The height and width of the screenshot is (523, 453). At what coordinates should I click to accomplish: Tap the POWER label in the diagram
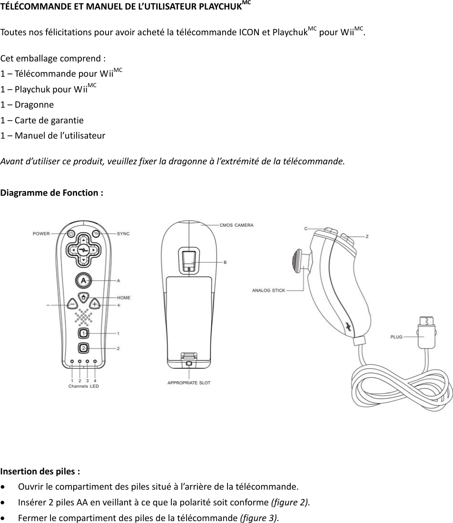tap(41, 233)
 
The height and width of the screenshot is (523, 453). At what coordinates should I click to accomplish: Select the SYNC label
tap(123, 233)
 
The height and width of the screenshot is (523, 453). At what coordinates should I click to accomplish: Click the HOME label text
tap(124, 298)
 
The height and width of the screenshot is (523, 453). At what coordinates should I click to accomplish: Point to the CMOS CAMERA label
tap(236, 225)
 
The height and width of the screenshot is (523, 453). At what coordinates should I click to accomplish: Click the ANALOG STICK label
tap(268, 290)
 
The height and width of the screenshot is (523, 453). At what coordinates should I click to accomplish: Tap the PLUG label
tap(396, 337)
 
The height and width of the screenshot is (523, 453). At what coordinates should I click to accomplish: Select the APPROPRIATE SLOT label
tap(189, 382)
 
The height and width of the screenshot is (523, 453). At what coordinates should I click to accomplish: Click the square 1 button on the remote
tap(84, 333)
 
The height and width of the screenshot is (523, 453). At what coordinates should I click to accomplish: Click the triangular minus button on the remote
tap(72, 303)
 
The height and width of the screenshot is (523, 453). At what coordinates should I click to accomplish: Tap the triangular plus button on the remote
tap(95, 303)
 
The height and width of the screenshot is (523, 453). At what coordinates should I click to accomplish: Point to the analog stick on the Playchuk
tap(297, 262)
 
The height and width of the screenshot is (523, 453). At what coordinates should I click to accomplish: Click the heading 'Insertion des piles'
tap(40, 472)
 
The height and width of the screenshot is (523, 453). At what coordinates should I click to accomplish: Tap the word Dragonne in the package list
tap(34, 105)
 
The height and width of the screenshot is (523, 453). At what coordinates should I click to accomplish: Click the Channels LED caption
tap(84, 386)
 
